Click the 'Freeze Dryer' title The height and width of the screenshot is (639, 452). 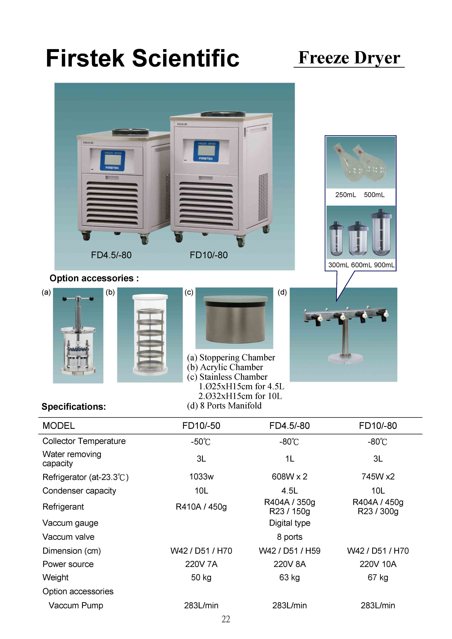pos(349,58)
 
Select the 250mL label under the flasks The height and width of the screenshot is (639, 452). pos(346,195)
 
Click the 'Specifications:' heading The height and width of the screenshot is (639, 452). pos(74,407)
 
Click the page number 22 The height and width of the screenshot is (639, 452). pos(226,619)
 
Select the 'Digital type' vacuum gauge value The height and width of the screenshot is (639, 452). pos(290,523)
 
